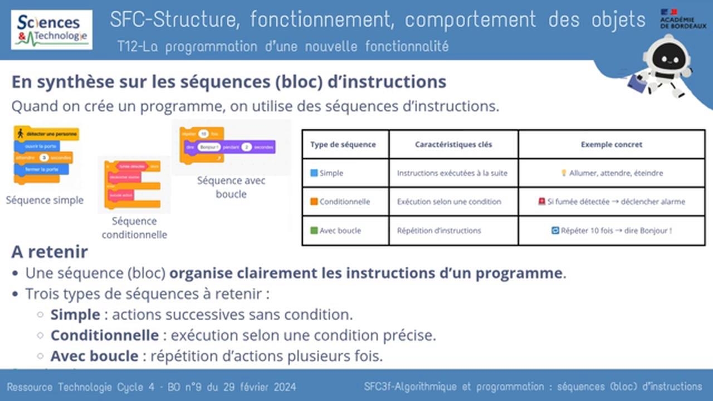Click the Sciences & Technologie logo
coord(52,30)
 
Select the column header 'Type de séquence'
coord(343,144)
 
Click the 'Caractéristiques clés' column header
coord(453,144)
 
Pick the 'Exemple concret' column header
coord(611,144)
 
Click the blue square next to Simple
coord(314,173)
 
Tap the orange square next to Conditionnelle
coord(314,202)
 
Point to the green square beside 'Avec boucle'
coord(314,231)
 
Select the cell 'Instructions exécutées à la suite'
coord(452,173)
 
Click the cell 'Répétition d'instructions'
coord(438,231)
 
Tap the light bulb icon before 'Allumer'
coord(564,173)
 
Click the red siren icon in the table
coord(542,202)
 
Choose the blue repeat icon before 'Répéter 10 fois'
coord(555,231)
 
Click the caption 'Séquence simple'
coord(45,200)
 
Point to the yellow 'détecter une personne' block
coord(47,134)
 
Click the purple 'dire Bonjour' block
coord(229,147)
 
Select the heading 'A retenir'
coord(50,252)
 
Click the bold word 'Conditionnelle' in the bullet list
coord(105,335)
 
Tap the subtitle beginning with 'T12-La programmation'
coord(282,47)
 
